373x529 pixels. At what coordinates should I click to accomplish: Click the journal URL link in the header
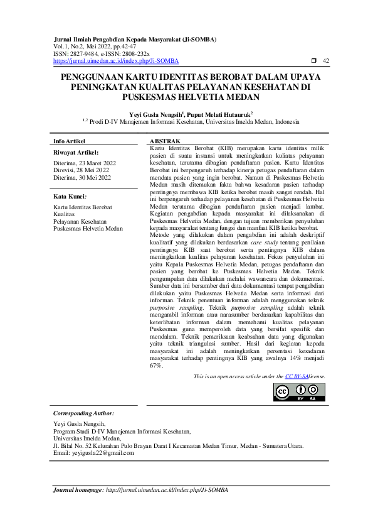tap(116, 61)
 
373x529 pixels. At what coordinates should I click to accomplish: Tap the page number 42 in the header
tap(325, 61)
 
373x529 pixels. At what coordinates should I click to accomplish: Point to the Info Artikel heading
tap(70, 141)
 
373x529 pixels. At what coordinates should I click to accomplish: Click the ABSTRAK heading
tap(165, 141)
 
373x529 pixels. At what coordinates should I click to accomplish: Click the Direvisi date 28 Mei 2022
tap(93, 170)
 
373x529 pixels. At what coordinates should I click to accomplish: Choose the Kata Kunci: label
tap(70, 197)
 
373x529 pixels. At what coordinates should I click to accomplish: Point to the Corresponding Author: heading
tap(83, 413)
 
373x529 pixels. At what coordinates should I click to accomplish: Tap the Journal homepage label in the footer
tap(76, 489)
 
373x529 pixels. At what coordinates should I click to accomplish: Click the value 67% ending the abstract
tap(157, 365)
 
